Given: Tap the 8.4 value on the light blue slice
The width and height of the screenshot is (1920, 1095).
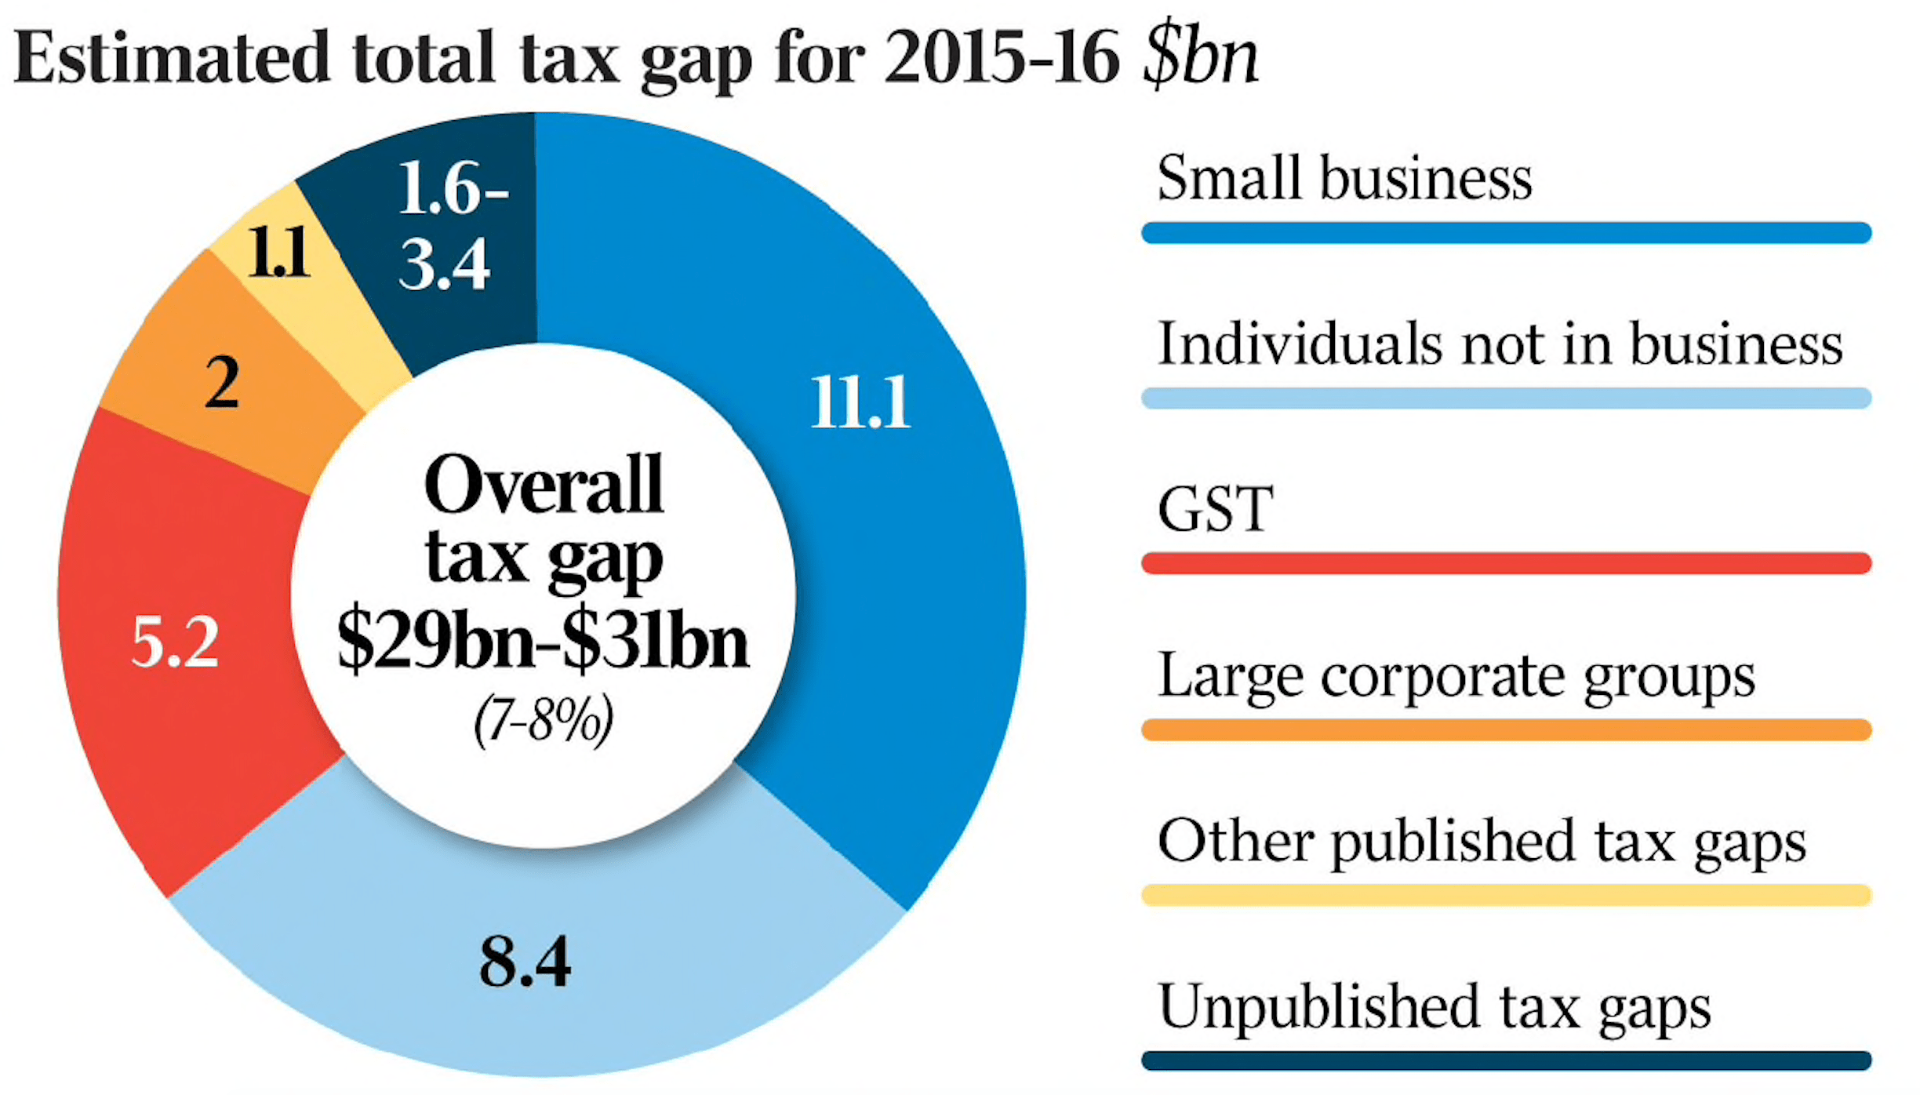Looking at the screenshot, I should [525, 962].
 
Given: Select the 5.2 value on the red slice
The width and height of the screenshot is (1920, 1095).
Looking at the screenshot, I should [174, 642].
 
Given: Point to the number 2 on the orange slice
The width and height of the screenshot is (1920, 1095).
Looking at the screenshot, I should [222, 383].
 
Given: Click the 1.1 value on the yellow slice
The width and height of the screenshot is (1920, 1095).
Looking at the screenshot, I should [278, 253].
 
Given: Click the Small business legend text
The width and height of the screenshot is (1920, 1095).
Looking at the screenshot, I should [1344, 178].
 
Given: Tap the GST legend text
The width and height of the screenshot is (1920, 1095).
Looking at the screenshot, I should [1215, 510].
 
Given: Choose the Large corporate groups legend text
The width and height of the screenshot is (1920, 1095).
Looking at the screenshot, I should [1456, 676].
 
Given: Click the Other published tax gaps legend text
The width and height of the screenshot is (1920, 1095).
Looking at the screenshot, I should [1482, 842].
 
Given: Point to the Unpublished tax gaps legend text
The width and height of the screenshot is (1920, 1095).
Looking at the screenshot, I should [1434, 1008].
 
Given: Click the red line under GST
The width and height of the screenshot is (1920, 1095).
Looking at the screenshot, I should [1506, 563].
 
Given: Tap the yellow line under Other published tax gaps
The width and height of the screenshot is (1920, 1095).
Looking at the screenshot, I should [1506, 895].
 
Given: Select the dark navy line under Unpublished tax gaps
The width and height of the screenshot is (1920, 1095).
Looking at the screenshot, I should [1506, 1061].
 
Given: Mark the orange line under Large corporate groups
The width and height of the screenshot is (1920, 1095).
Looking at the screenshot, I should [1506, 729].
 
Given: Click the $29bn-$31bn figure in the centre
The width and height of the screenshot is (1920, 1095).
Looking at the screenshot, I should [543, 642].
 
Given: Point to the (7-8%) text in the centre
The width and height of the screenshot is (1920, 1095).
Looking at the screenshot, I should [543, 720].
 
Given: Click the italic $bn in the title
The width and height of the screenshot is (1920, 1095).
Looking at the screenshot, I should [1200, 56].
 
